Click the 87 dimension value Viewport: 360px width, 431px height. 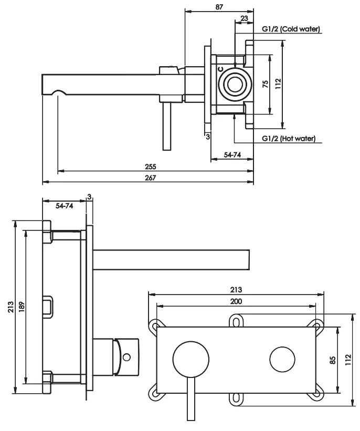coord(219,7)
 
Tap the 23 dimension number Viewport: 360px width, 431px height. coord(243,18)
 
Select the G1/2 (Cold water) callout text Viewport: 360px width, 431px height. coord(292,29)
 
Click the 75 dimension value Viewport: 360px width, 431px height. coord(266,85)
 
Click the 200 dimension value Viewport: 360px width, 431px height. coord(236,301)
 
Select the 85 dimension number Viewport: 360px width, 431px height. coord(332,360)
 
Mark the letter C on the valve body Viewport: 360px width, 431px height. coord(220,69)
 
